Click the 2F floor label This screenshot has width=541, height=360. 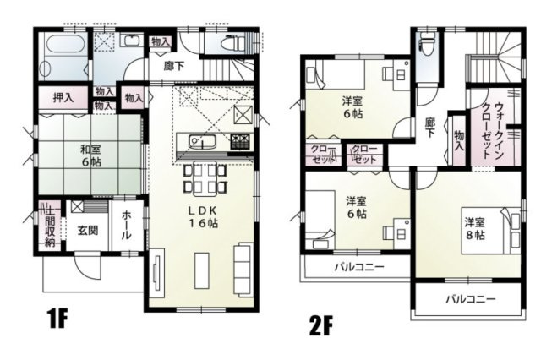321,325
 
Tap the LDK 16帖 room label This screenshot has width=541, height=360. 201,216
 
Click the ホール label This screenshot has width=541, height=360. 127,225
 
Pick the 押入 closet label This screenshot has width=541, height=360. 63,99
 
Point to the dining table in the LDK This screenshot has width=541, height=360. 203,177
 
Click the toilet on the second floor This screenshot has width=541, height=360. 426,44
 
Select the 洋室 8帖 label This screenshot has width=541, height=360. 473,228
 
